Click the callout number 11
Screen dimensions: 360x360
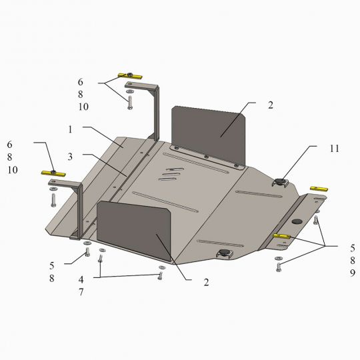(x=334, y=149)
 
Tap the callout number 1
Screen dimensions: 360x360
(x=70, y=129)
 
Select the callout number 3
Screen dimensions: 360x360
(x=70, y=157)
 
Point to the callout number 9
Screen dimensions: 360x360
(x=353, y=273)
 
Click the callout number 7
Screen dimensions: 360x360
(x=81, y=292)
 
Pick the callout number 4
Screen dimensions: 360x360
(x=81, y=279)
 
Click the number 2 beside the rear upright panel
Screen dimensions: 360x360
(x=271, y=105)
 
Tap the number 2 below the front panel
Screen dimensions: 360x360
(x=206, y=283)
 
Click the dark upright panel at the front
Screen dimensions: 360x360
(x=134, y=230)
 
